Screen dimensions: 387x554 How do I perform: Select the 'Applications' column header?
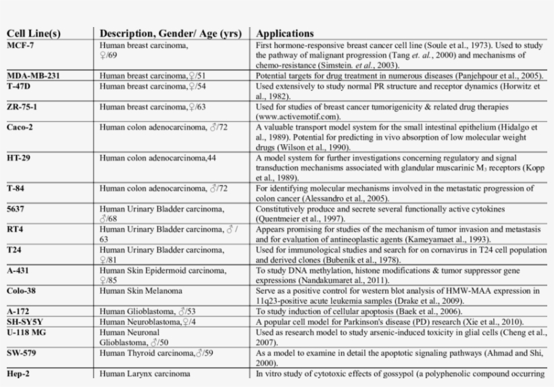(x=285, y=33)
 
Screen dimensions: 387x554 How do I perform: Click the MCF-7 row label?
(x=20, y=45)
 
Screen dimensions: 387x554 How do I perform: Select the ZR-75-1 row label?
(x=23, y=107)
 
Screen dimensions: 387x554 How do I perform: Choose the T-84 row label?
(x=17, y=189)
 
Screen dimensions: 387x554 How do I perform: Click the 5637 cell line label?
(x=16, y=209)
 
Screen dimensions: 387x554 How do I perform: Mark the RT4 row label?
(x=15, y=229)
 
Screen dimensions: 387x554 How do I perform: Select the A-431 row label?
(x=18, y=271)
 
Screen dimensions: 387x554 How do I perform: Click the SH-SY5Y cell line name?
(x=24, y=321)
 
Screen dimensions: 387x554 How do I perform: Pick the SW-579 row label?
(x=22, y=352)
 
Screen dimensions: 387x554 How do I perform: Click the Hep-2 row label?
(x=19, y=373)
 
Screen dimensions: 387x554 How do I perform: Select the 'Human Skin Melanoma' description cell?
(x=142, y=291)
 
